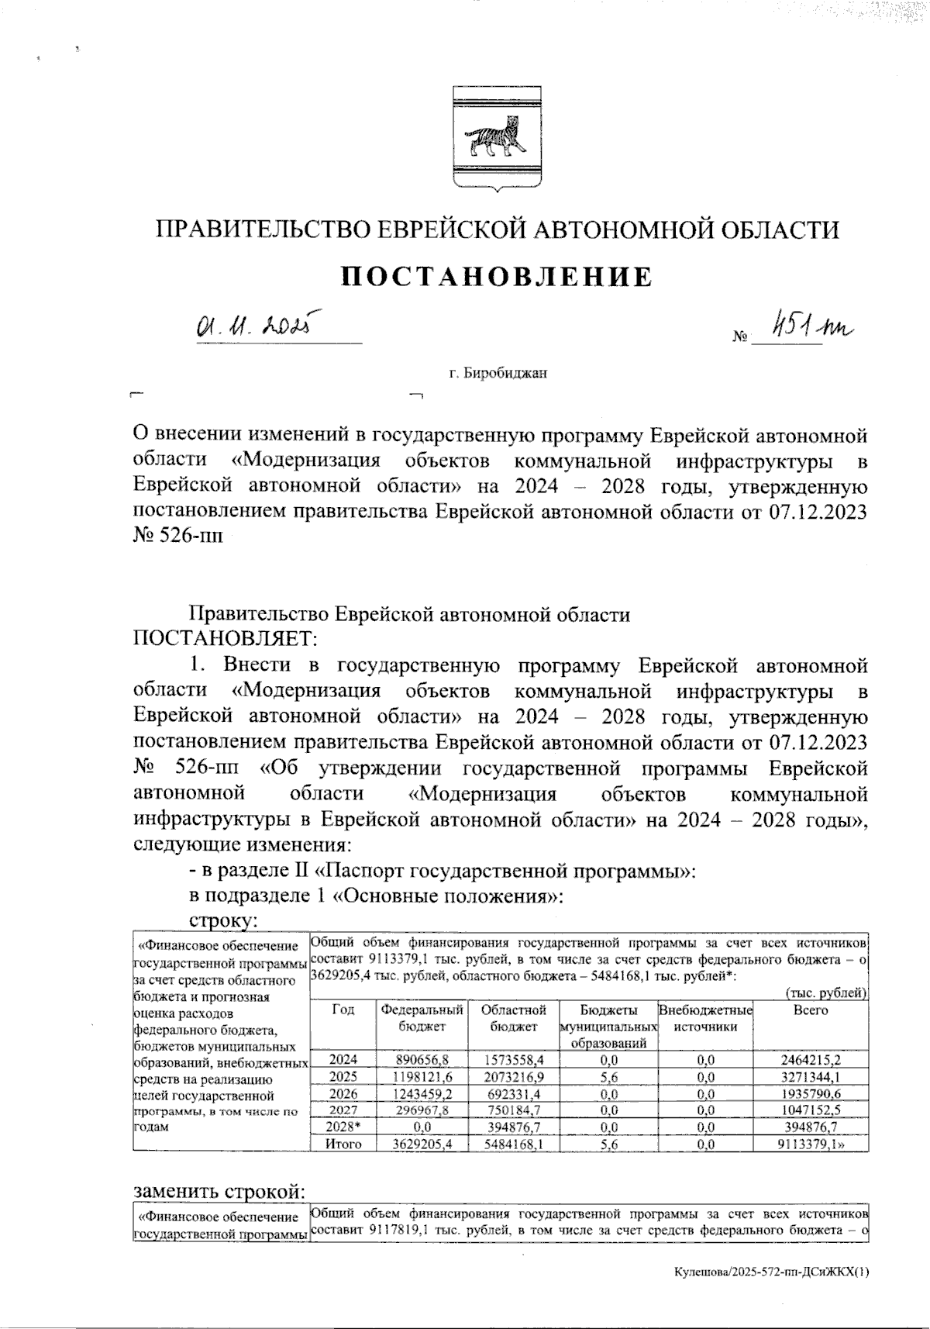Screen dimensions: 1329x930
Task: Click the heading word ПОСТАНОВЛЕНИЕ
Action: pyautogui.click(x=498, y=277)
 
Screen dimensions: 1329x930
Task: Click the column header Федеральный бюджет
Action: pyautogui.click(x=421, y=1018)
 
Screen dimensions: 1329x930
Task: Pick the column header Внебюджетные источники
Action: pyautogui.click(x=705, y=1018)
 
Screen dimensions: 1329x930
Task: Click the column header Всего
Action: pyautogui.click(x=811, y=1010)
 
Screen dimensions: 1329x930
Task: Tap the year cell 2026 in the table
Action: pyautogui.click(x=343, y=1094)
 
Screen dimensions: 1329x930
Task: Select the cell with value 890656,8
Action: pyautogui.click(x=422, y=1060)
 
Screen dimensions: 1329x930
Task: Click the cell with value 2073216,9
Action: pyautogui.click(x=513, y=1077)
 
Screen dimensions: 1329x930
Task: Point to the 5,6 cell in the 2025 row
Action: pyautogui.click(x=608, y=1077)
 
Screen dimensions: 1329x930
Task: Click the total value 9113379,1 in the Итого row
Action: pyautogui.click(x=811, y=1144)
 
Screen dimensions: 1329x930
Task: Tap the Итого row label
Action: pyautogui.click(x=343, y=1144)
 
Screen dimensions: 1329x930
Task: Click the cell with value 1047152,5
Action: pyautogui.click(x=811, y=1110)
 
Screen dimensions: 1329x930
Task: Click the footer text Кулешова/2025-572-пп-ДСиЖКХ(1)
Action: pyautogui.click(x=772, y=1272)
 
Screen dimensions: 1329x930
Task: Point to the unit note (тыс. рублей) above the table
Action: pyautogui.click(x=825, y=993)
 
